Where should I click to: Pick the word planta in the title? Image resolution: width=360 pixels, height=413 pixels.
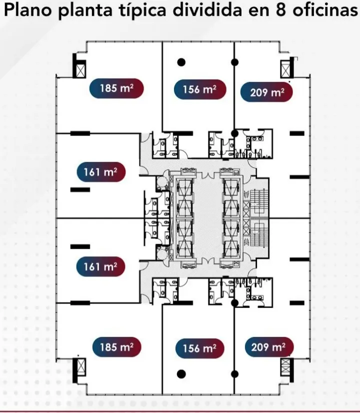pos(85,10)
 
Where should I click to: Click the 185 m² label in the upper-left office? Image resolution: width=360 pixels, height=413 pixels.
pos(116,88)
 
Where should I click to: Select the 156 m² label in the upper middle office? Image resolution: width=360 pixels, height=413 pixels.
pos(200,89)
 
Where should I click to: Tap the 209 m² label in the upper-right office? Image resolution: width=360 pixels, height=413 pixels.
pos(267,92)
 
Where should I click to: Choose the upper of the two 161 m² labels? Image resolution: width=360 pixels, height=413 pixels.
pos(101,172)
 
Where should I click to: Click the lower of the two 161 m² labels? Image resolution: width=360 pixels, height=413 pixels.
pos(100,266)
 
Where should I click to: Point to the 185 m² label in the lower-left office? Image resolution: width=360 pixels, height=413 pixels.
pos(116,347)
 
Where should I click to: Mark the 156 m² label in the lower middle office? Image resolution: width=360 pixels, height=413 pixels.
pos(200,348)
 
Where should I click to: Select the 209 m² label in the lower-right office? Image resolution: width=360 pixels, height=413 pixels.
pos(269,347)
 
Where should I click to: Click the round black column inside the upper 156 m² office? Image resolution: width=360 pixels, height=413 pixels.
pos(181,62)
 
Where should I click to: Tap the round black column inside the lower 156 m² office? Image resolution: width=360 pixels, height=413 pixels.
pos(181,374)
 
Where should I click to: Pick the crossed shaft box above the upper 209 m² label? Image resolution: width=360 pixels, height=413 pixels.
pos(285,69)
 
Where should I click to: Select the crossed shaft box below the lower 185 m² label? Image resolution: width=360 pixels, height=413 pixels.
pos(81,366)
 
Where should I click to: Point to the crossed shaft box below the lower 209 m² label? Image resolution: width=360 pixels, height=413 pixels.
pos(285,366)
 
